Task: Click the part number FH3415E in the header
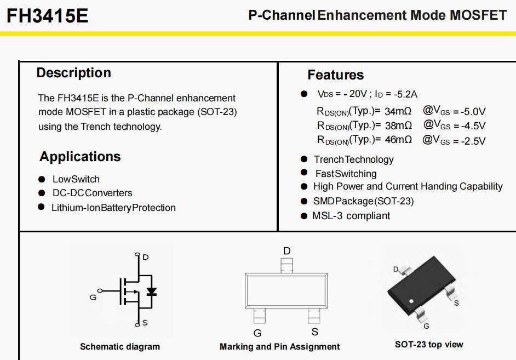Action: pos(48,15)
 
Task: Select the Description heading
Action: pos(74,73)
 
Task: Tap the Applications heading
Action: pos(80,157)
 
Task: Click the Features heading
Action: pos(336,75)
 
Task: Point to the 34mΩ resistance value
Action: pos(398,111)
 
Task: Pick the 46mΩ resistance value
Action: pos(399,140)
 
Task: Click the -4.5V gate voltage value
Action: pos(473,126)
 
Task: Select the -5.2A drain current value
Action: pos(405,94)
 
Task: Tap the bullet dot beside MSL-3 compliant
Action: pos(304,216)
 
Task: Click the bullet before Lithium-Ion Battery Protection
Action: pos(41,207)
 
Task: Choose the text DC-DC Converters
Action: pos(93,193)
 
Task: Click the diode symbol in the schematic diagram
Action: pos(151,292)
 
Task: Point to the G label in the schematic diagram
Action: pos(93,298)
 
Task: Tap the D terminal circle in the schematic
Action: pos(137,254)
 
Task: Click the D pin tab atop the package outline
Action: pos(286,266)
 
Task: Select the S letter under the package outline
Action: pos(315,332)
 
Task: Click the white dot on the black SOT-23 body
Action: pos(411,301)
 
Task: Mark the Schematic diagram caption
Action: pos(120,346)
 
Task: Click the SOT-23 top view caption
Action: pos(429,345)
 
